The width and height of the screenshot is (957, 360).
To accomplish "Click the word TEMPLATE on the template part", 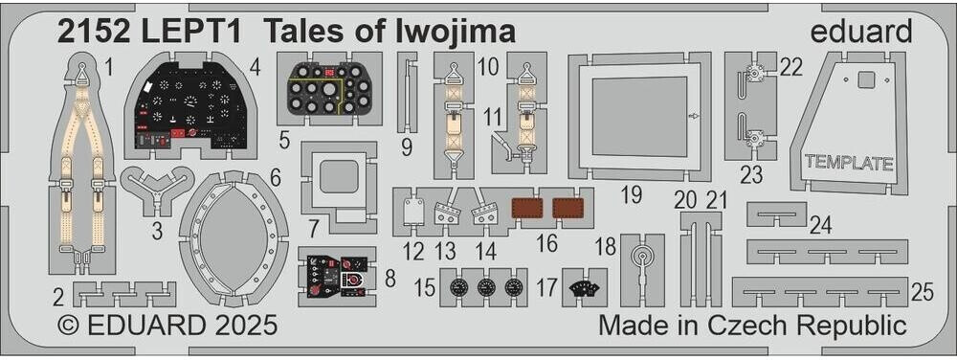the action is pyautogui.click(x=849, y=164).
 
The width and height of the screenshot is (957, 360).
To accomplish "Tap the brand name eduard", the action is pyautogui.click(x=861, y=32).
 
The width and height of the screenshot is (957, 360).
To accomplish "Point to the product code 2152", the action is pyautogui.click(x=94, y=33).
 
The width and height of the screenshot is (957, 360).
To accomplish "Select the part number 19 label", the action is pyautogui.click(x=632, y=195).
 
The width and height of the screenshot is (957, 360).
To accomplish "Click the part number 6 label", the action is pyautogui.click(x=275, y=178).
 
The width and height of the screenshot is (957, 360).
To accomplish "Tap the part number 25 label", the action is pyautogui.click(x=923, y=292).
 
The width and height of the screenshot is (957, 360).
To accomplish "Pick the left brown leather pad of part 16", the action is pyautogui.click(x=524, y=209).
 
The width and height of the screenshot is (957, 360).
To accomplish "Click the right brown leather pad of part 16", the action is pyautogui.click(x=567, y=209).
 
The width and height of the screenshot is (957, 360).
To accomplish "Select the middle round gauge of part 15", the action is pyautogui.click(x=486, y=286).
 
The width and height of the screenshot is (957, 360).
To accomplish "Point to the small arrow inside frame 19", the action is pyautogui.click(x=692, y=115).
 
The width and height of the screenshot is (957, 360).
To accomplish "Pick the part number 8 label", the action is pyautogui.click(x=389, y=279).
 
